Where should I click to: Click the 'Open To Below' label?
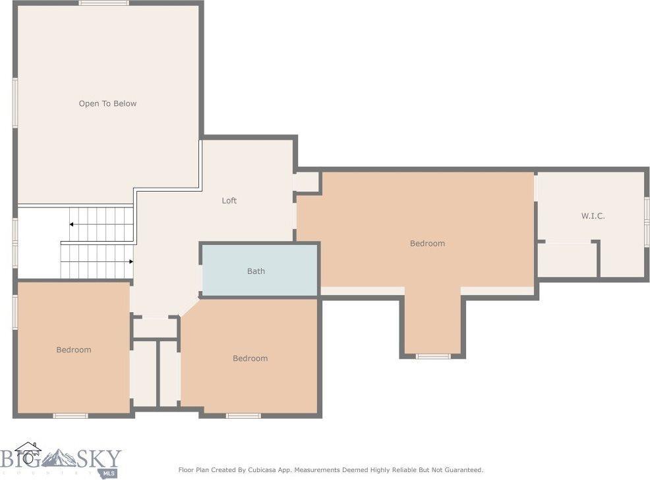pos(107,103)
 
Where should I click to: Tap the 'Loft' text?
pos(229,201)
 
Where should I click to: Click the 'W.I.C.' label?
pos(593,216)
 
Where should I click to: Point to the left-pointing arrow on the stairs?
pos(71,225)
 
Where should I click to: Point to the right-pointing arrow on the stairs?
pos(131,261)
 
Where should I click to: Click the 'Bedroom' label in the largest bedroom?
pos(427,244)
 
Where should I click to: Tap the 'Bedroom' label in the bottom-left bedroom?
pos(73,350)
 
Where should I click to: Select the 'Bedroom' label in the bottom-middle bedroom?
pos(250,358)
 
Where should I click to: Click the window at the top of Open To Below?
pos(104,3)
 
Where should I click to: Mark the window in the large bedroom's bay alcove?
pos(433,356)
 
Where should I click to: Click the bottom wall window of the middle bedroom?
pos(243,415)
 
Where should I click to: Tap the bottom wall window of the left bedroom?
pos(71,415)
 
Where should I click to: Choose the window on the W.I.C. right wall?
pos(647,222)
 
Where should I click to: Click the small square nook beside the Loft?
pos(307,182)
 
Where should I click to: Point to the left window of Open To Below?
pos(15,102)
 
